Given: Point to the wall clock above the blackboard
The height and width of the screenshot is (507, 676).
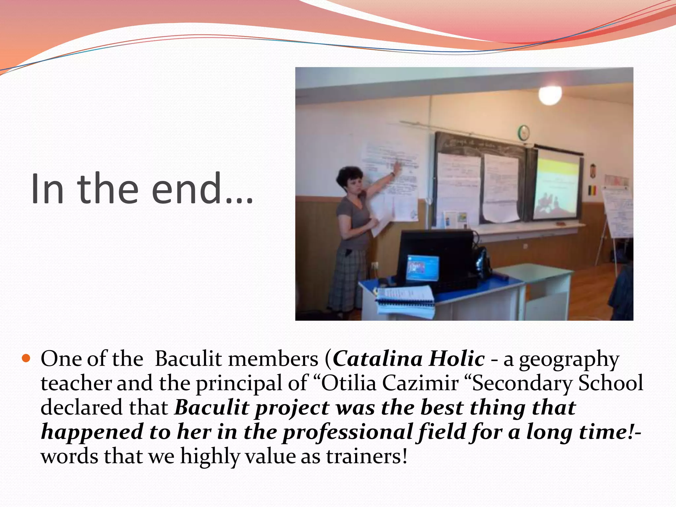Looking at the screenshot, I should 524,132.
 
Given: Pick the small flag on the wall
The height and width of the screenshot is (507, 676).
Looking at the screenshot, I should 593,190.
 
